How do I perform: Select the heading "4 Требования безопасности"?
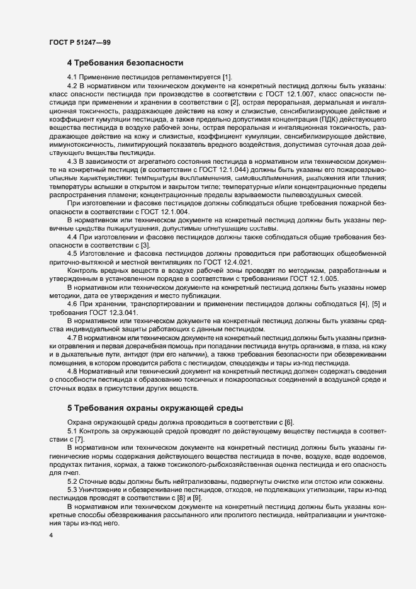[x=125, y=63]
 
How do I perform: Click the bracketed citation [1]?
[x=227, y=77]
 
